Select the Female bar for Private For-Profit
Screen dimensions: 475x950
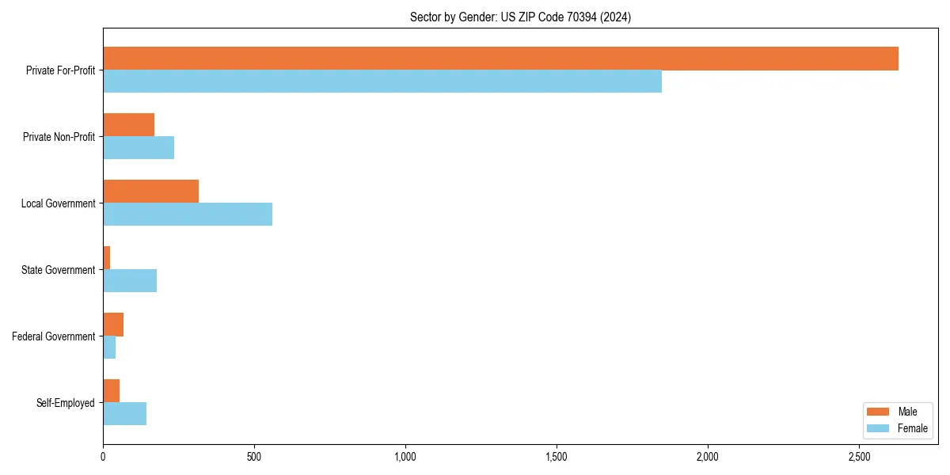pyautogui.click(x=382, y=82)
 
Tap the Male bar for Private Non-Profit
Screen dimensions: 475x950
pyautogui.click(x=128, y=125)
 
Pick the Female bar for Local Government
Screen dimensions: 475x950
pyautogui.click(x=188, y=215)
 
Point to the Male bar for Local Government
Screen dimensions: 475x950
pyautogui.click(x=150, y=192)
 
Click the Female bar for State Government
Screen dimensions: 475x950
pyautogui.click(x=130, y=281)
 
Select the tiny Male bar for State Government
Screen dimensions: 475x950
pyautogui.click(x=106, y=258)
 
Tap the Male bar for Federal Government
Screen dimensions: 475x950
pyautogui.click(x=113, y=325)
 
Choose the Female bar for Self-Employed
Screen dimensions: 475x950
pyautogui.click(x=124, y=414)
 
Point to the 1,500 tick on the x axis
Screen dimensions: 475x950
pyautogui.click(x=557, y=457)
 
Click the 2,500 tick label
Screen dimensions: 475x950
pyautogui.click(x=859, y=457)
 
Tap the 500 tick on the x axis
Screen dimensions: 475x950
pyautogui.click(x=254, y=457)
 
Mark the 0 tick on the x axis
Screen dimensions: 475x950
pyautogui.click(x=103, y=457)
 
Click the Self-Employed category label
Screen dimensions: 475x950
pyautogui.click(x=65, y=403)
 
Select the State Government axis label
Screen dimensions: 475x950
pyautogui.click(x=58, y=270)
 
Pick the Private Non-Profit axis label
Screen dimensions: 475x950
pyautogui.click(x=59, y=137)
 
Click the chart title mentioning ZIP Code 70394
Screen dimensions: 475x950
pyautogui.click(x=520, y=17)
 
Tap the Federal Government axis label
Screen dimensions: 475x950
pyautogui.click(x=54, y=336)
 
